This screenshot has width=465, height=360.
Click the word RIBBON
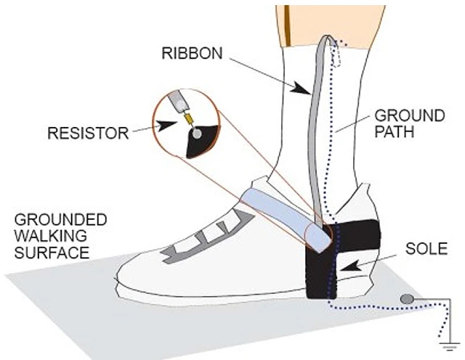192,53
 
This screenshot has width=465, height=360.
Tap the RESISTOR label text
88,133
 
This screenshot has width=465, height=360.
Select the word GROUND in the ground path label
410,115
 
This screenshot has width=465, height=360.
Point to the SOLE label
426,249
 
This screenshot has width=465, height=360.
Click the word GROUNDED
60,220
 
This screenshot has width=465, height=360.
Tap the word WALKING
50,236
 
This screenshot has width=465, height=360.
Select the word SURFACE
52,253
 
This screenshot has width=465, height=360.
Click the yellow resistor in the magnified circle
189,119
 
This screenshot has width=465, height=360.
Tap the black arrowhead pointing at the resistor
165,126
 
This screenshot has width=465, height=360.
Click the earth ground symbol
450,346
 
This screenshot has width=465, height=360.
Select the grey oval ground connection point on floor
407,299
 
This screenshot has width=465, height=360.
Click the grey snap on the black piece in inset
196,135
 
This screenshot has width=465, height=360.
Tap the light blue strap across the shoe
286,218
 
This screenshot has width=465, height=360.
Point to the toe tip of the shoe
116,278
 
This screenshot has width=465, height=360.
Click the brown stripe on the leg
287,25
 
